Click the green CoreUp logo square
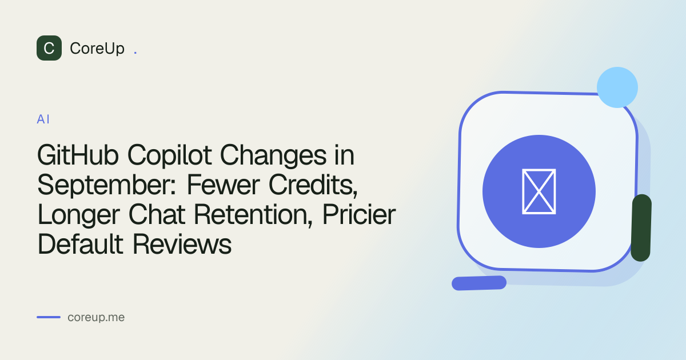pyautogui.click(x=49, y=48)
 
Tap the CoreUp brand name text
pyautogui.click(x=97, y=49)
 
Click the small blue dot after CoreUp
pyautogui.click(x=135, y=54)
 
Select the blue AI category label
pyautogui.click(x=43, y=119)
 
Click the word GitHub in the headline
pyautogui.click(x=78, y=155)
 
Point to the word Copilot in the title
pyautogui.click(x=169, y=155)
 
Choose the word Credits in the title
pyautogui.click(x=313, y=185)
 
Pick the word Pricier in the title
pyautogui.click(x=359, y=214)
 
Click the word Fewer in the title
pyautogui.click(x=224, y=185)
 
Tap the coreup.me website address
pyautogui.click(x=96, y=318)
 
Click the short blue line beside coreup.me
pyautogui.click(x=49, y=317)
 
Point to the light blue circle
pyautogui.click(x=617, y=87)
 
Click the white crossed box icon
pyautogui.click(x=539, y=191)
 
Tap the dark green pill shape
pyautogui.click(x=641, y=228)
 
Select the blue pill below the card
pyautogui.click(x=479, y=283)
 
